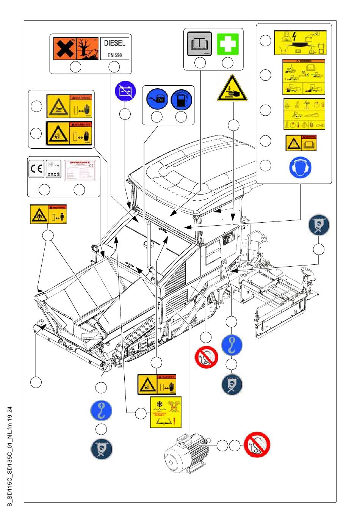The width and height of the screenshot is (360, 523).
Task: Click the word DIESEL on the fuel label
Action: [x=114, y=43]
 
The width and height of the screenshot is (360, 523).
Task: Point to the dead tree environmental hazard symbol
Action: [x=87, y=48]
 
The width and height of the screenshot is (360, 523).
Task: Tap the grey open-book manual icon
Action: [x=199, y=44]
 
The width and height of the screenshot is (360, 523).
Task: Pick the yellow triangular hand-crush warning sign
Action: [x=232, y=88]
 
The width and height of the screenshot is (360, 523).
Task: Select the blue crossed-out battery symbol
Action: [x=125, y=92]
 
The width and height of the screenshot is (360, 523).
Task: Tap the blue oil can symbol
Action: [x=157, y=99]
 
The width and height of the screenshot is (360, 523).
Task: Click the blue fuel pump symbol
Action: [x=181, y=99]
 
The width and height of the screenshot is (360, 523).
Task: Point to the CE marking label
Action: [x=36, y=169]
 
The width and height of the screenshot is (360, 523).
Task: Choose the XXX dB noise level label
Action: [x=53, y=169]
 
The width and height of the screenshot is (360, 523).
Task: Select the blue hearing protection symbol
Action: [x=300, y=167]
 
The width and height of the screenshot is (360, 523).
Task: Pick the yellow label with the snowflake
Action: [x=166, y=412]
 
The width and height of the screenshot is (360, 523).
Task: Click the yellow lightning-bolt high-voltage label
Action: [x=300, y=42]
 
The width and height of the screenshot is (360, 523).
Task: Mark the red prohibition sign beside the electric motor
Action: [x=257, y=444]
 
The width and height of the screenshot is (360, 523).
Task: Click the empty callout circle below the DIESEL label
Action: [x=114, y=67]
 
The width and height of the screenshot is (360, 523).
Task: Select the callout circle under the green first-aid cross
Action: [x=227, y=63]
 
